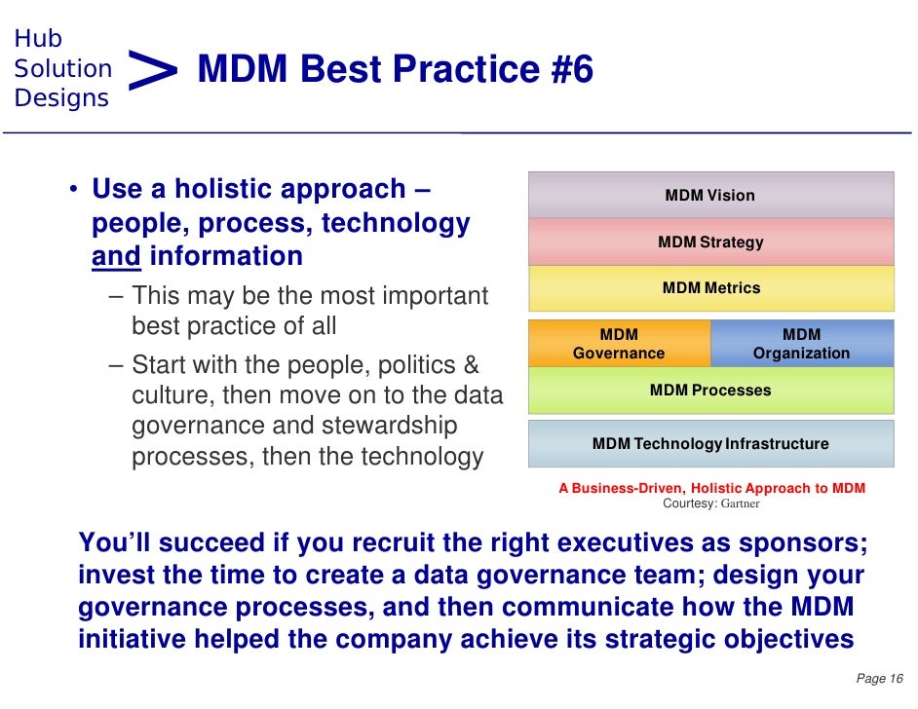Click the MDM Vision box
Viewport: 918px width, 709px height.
[710, 195]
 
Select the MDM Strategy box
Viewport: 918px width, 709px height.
[710, 242]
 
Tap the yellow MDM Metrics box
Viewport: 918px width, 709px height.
[710, 288]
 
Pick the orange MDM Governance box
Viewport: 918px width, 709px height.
[619, 344]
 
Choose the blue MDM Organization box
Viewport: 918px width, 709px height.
[801, 344]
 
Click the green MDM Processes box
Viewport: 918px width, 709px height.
[710, 391]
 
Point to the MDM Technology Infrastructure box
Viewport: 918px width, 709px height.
[710, 444]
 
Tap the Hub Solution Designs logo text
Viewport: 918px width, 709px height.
[62, 68]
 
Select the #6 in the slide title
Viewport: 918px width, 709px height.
[564, 70]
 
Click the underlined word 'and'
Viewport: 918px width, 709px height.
[116, 256]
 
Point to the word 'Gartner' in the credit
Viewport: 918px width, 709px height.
[740, 504]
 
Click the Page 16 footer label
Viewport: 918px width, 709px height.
[880, 678]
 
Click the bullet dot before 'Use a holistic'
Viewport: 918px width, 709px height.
[73, 190]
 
